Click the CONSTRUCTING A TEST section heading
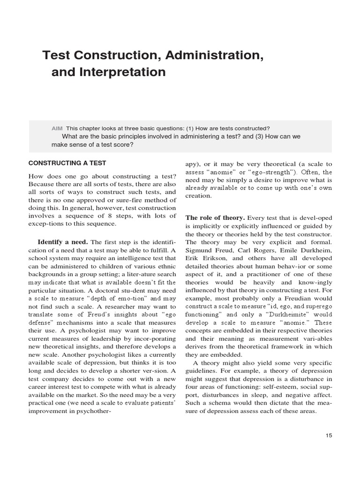(x=67, y=163)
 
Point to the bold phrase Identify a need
(x=63, y=242)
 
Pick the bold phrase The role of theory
(x=215, y=217)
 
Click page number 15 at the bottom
(x=328, y=435)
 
